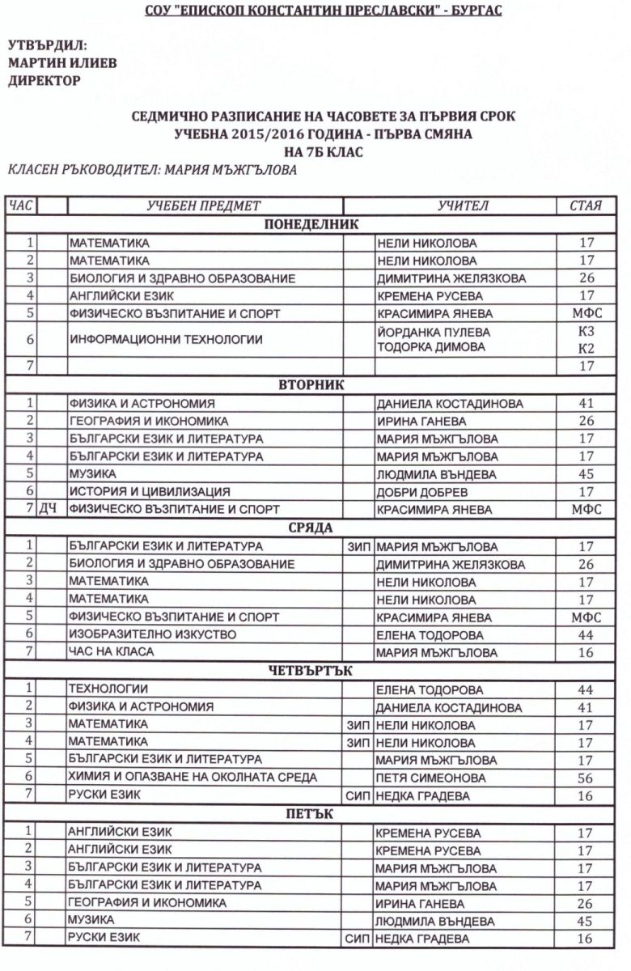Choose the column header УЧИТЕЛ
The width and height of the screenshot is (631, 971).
pyautogui.click(x=463, y=206)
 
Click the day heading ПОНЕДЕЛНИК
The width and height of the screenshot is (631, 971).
pyautogui.click(x=311, y=224)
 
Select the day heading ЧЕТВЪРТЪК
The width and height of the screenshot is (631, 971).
pyautogui.click(x=311, y=670)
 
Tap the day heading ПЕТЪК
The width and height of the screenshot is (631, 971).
pyautogui.click(x=311, y=813)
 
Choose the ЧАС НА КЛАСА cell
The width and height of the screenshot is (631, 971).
pyautogui.click(x=110, y=651)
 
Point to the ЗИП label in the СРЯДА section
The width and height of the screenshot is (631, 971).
pyautogui.click(x=358, y=546)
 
